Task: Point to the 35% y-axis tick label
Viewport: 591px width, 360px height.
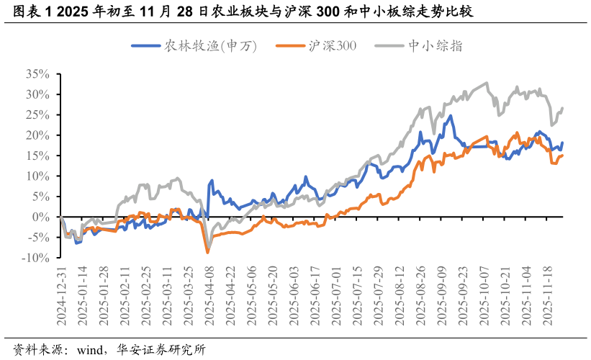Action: (x=37, y=74)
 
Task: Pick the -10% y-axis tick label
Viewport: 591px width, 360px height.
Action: (x=36, y=258)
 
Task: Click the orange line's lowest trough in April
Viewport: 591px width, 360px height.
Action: (x=208, y=252)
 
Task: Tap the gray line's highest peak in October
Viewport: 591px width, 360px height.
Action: (x=487, y=83)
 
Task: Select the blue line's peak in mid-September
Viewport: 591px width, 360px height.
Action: (x=451, y=115)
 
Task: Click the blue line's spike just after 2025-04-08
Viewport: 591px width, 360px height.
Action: (x=212, y=181)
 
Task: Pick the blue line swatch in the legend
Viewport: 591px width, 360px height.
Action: (x=145, y=45)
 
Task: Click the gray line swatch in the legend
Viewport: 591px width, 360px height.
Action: (x=389, y=45)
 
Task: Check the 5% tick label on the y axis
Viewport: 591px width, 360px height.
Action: (x=41, y=197)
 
